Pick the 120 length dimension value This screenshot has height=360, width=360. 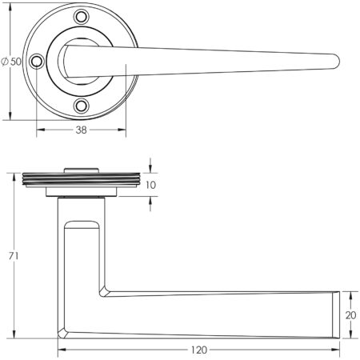200,350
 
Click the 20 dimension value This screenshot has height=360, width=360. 350,314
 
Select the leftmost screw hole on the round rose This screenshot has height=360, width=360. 37,60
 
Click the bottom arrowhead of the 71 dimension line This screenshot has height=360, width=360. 15,335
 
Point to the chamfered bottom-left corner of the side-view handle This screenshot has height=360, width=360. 63,330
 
